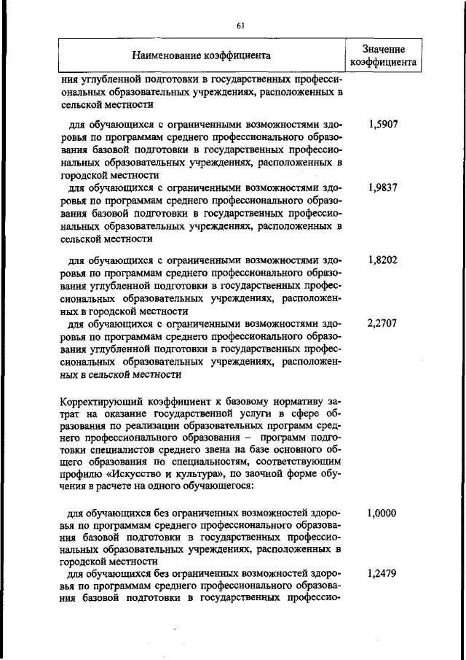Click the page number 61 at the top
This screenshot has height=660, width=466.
pyautogui.click(x=240, y=26)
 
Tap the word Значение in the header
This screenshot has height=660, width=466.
pyautogui.click(x=383, y=49)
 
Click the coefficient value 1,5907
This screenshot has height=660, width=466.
pyautogui.click(x=383, y=125)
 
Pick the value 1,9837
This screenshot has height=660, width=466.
pyautogui.click(x=383, y=187)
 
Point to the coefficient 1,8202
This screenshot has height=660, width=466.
pyautogui.click(x=383, y=260)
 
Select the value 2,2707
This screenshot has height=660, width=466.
pyautogui.click(x=383, y=323)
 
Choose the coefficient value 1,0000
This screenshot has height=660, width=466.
pyautogui.click(x=383, y=513)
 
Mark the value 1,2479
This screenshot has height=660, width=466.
pyautogui.click(x=383, y=575)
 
